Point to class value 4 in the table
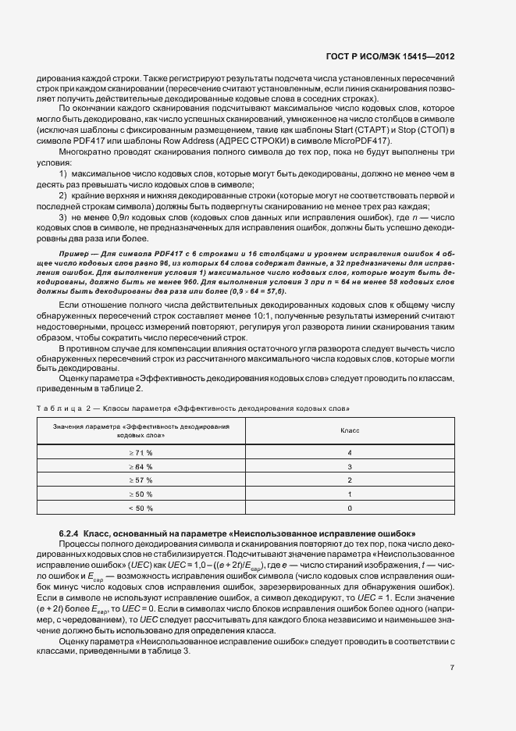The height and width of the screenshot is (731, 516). [x=350, y=452]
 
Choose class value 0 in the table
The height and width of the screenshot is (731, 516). [x=350, y=508]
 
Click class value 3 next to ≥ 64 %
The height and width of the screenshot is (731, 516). [x=350, y=466]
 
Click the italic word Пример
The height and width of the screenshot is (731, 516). [x=75, y=255]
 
